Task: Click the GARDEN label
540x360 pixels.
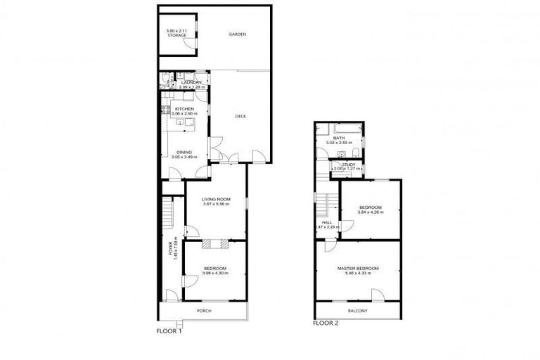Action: click(236, 34)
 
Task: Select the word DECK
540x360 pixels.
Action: click(240, 117)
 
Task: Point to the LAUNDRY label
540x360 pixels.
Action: click(191, 83)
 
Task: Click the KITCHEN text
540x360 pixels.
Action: click(184, 109)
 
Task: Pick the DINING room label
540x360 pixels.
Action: click(184, 152)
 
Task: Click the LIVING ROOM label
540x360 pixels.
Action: click(216, 199)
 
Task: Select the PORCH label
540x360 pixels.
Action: click(204, 311)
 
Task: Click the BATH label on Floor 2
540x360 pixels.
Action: click(338, 138)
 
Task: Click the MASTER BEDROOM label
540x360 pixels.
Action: click(358, 268)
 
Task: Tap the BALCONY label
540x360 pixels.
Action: click(357, 311)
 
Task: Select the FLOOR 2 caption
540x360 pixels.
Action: click(326, 323)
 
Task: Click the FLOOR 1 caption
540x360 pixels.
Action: click(169, 330)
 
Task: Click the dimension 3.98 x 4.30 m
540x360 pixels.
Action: click(215, 274)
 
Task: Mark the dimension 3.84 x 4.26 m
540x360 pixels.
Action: click(370, 212)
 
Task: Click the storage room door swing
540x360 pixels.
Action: click(188, 44)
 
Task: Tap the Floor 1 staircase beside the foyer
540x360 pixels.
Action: click(167, 210)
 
